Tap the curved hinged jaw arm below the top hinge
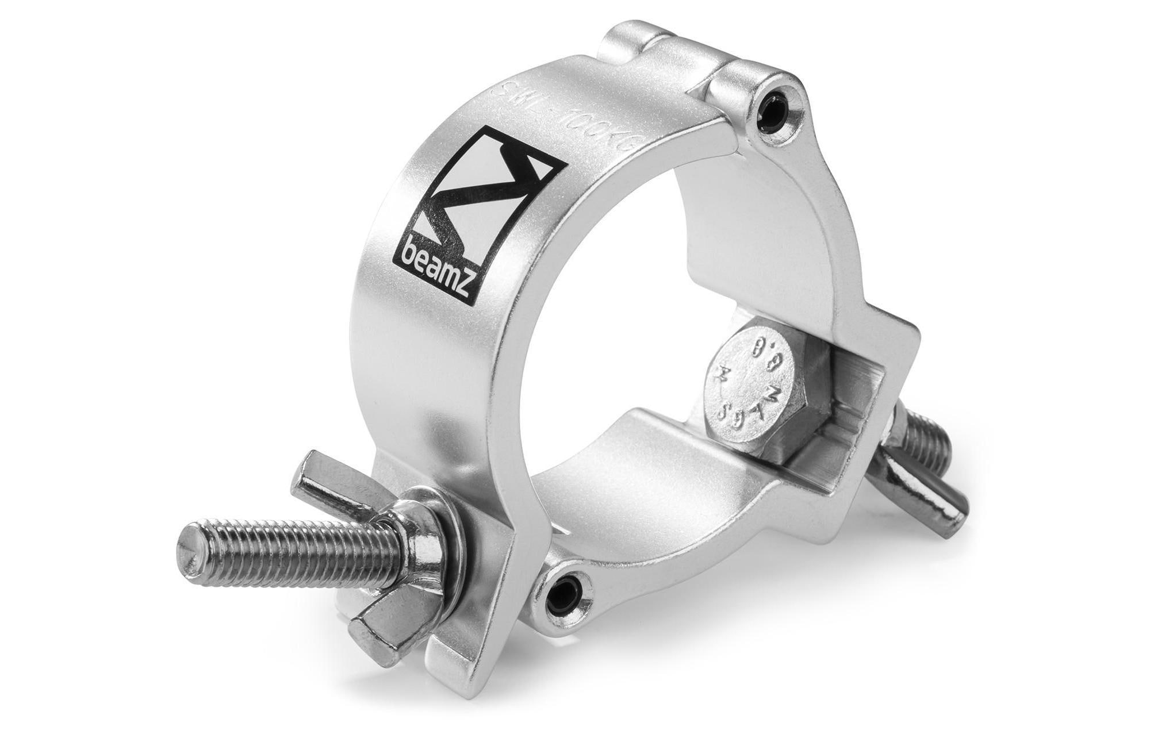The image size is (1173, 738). (816, 230)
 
